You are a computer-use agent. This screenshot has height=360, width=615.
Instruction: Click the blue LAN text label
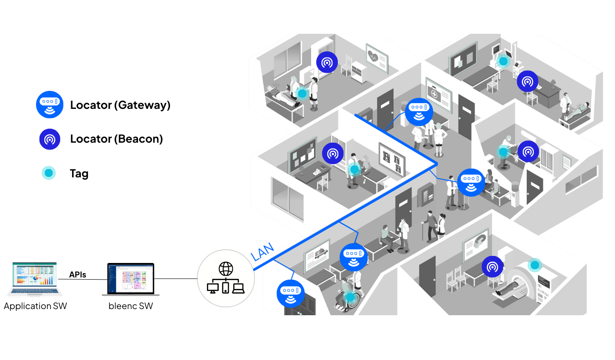[262, 252]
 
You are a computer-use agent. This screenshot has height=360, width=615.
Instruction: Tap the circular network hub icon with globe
[226, 278]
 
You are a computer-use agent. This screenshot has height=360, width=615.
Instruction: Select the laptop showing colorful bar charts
[35, 279]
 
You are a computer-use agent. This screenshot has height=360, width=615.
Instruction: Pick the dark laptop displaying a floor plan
[131, 279]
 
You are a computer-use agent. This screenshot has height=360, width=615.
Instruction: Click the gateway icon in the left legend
[50, 104]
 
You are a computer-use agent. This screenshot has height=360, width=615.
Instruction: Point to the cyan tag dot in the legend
[49, 173]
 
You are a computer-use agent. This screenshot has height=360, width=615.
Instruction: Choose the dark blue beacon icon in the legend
[50, 139]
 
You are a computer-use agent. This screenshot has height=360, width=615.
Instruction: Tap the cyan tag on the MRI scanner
[535, 265]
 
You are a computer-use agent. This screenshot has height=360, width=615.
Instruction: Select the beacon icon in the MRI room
[492, 266]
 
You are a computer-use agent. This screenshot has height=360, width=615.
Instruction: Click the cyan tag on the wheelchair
[350, 297]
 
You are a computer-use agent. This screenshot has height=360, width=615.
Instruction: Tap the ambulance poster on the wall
[317, 255]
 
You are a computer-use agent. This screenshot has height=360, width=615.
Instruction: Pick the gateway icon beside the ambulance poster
[354, 257]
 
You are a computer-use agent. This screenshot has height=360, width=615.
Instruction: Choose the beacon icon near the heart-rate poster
[327, 62]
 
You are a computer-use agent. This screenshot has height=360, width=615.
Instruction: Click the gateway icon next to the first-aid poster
[419, 112]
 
